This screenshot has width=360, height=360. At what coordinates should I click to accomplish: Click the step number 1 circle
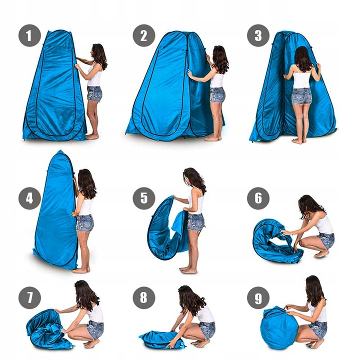(29, 35)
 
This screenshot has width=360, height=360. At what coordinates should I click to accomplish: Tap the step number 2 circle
(144, 35)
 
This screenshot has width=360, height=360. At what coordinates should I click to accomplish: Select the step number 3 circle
(258, 35)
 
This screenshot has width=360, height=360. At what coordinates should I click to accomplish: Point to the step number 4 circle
(29, 198)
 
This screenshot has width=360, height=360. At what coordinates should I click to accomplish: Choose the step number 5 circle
(144, 198)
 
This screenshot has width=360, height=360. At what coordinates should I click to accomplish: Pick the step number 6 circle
(258, 198)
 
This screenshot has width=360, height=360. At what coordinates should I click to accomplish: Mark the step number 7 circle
(29, 298)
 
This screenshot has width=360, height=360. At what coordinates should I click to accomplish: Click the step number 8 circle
(144, 298)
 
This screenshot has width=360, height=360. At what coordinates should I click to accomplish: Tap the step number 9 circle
(258, 298)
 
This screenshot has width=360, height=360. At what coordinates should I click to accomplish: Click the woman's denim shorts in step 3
(301, 96)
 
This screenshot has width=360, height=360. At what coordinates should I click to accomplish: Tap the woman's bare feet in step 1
(92, 137)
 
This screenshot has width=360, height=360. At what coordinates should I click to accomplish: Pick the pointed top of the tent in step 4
(60, 151)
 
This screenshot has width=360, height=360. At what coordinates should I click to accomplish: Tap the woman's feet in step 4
(81, 270)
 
